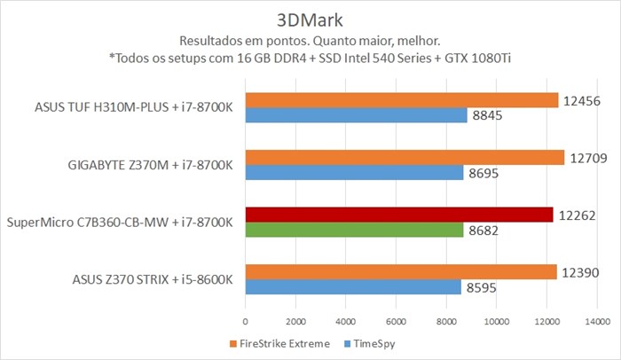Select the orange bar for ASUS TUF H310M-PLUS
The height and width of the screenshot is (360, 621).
tap(401, 100)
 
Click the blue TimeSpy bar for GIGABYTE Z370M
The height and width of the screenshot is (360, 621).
tap(354, 173)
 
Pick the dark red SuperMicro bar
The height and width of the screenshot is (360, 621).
tap(398, 215)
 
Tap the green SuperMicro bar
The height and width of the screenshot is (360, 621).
tap(354, 230)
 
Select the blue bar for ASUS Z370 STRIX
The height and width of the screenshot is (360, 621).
tap(352, 287)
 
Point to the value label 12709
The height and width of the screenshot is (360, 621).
tap(587, 158)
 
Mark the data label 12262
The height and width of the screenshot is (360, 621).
tap(577, 215)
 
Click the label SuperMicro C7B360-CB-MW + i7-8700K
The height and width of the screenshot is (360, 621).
tap(120, 222)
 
